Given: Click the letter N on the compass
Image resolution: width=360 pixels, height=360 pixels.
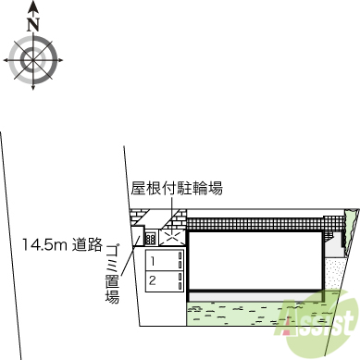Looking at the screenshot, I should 34,27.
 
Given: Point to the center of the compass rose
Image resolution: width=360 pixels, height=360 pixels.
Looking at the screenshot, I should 34,61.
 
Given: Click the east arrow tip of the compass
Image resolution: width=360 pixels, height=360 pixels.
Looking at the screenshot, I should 64,61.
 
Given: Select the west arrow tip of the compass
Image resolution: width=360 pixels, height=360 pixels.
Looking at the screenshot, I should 6,61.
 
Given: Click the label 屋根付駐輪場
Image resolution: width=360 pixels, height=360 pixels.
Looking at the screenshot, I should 176,189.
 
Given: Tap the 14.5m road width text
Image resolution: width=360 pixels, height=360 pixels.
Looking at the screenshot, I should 49,244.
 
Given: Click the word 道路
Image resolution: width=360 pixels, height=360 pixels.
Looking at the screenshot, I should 89,244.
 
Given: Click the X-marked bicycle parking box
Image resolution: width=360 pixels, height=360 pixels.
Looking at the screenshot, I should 172,237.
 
